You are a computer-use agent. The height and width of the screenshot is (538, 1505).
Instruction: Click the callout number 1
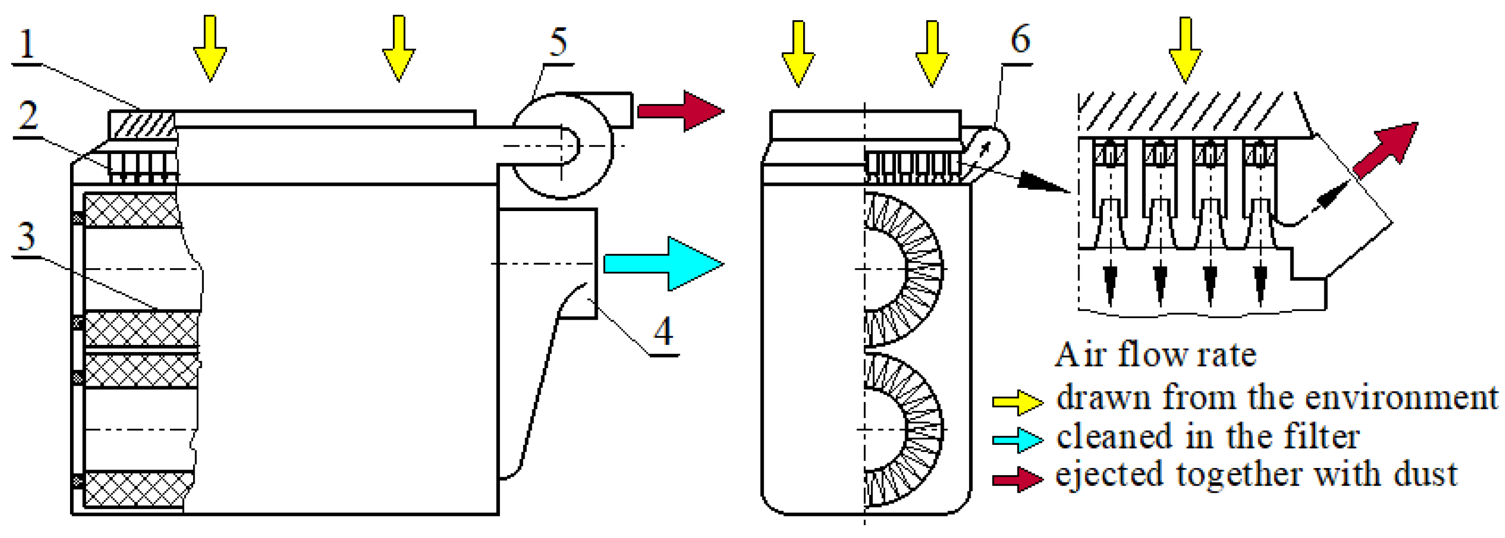point(27,43)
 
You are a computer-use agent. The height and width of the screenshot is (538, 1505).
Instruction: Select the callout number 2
point(28,116)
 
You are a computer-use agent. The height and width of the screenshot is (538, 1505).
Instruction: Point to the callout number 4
point(663,332)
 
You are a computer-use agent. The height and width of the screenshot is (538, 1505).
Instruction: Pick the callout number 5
point(559,42)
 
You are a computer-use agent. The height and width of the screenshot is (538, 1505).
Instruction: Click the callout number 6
point(1020,40)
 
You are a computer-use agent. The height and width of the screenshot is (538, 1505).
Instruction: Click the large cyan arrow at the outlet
point(663,264)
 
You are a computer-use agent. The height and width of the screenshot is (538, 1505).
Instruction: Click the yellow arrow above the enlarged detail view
point(1185,49)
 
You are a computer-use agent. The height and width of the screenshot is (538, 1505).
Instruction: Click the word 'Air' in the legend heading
point(1080,355)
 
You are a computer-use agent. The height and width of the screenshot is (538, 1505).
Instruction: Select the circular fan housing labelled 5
point(562,146)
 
